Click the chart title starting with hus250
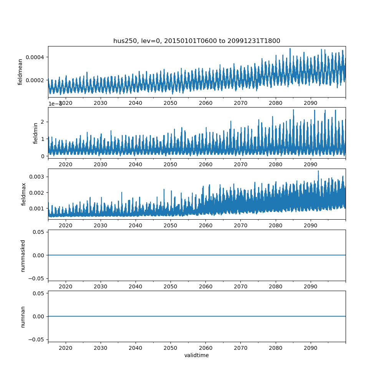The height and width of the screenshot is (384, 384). [197, 41]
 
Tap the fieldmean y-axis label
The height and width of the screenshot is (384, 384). [20, 72]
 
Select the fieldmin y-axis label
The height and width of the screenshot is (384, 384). [36, 133]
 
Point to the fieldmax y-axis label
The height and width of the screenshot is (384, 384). [24, 194]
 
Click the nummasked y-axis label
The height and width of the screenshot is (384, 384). [23, 255]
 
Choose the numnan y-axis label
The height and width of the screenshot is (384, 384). [23, 316]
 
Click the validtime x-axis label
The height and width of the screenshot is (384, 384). [197, 355]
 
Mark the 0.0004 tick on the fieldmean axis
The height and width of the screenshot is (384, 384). [35, 57]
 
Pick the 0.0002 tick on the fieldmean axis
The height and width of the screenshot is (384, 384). [35, 80]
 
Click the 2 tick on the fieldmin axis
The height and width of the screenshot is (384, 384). [42, 122]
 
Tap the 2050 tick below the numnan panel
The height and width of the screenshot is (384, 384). [170, 348]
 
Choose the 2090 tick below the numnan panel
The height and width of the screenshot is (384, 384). [310, 348]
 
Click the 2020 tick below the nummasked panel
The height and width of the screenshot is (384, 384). [66, 286]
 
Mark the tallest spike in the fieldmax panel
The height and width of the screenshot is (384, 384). [318, 171]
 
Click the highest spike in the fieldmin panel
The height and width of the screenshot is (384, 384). [293, 110]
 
